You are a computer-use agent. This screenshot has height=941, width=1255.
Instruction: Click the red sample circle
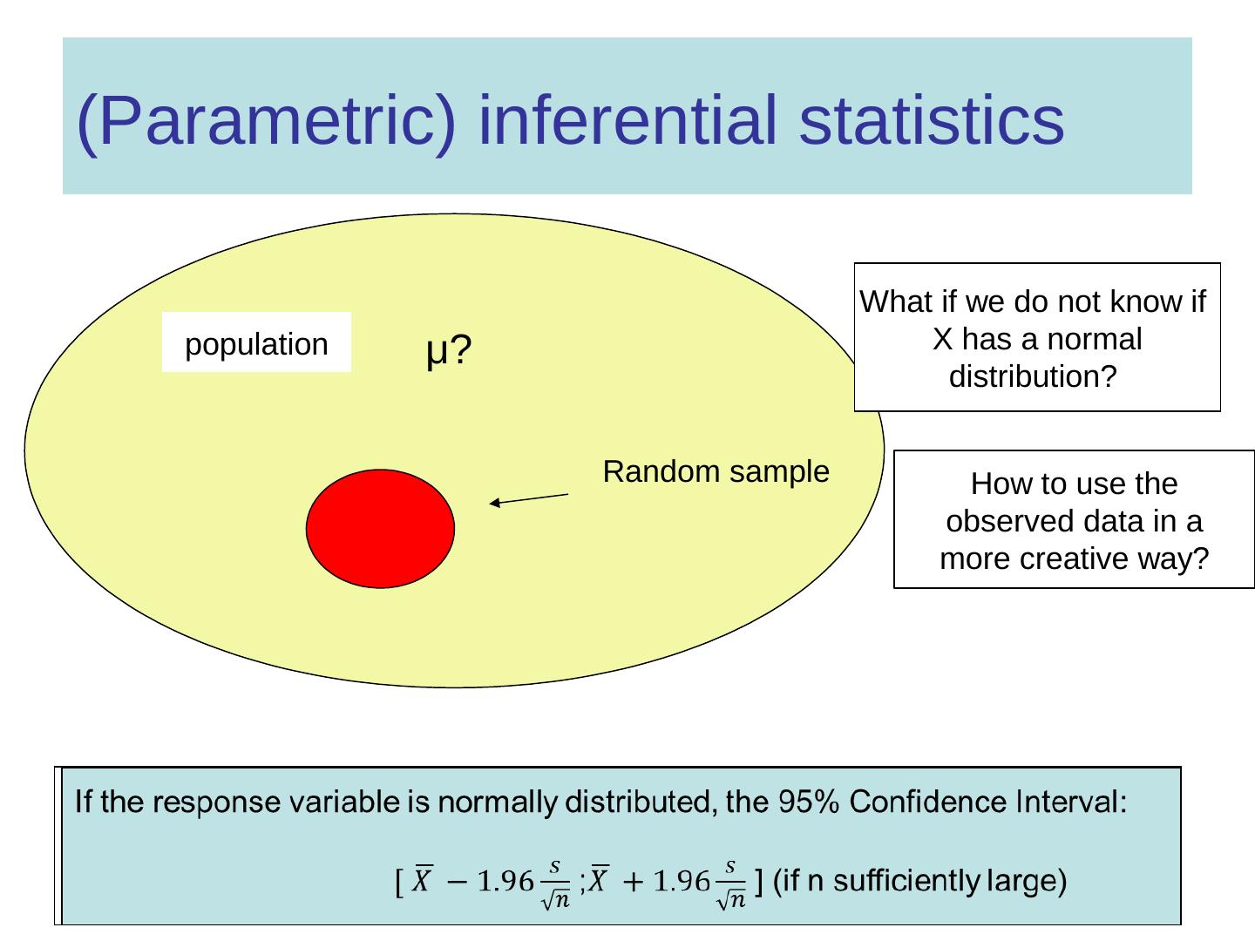click(380, 529)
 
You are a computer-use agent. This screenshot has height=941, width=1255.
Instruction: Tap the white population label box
click(256, 342)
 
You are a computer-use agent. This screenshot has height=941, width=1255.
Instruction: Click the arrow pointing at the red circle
click(529, 499)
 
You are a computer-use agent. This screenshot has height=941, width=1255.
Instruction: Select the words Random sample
click(716, 472)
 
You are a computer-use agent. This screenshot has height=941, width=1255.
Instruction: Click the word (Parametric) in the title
click(267, 121)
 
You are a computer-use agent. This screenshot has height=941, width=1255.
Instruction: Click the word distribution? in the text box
click(1033, 376)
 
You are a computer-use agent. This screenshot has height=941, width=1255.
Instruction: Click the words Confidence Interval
click(988, 801)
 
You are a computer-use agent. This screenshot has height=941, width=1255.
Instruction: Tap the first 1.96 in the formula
click(505, 881)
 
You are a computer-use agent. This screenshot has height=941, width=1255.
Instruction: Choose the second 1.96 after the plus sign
click(681, 881)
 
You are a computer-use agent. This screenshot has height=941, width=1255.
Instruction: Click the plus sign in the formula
click(633, 882)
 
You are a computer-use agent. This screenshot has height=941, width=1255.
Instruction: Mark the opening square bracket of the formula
click(399, 883)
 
